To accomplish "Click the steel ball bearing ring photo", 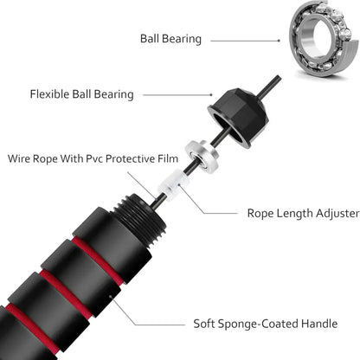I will pos(322,38).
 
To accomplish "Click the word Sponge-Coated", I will pos(259,325).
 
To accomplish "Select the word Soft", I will pos(208,325).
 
